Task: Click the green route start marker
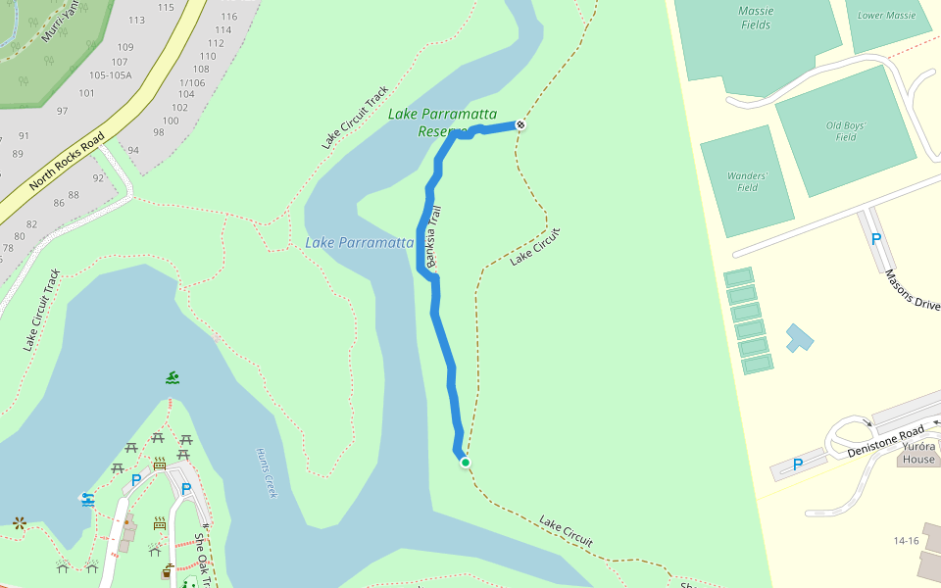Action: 466,463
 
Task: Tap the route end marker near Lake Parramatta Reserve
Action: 520,124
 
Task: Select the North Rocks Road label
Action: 67,163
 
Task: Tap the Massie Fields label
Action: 755,18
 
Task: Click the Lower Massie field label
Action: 886,16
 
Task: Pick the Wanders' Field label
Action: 747,181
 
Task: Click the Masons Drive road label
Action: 912,290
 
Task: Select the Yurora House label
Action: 918,453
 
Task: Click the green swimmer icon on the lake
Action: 173,377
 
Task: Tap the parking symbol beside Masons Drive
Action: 876,238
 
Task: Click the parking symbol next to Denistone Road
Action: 797,465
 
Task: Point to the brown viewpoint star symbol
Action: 19,522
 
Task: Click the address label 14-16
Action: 906,540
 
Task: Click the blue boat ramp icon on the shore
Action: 88,499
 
